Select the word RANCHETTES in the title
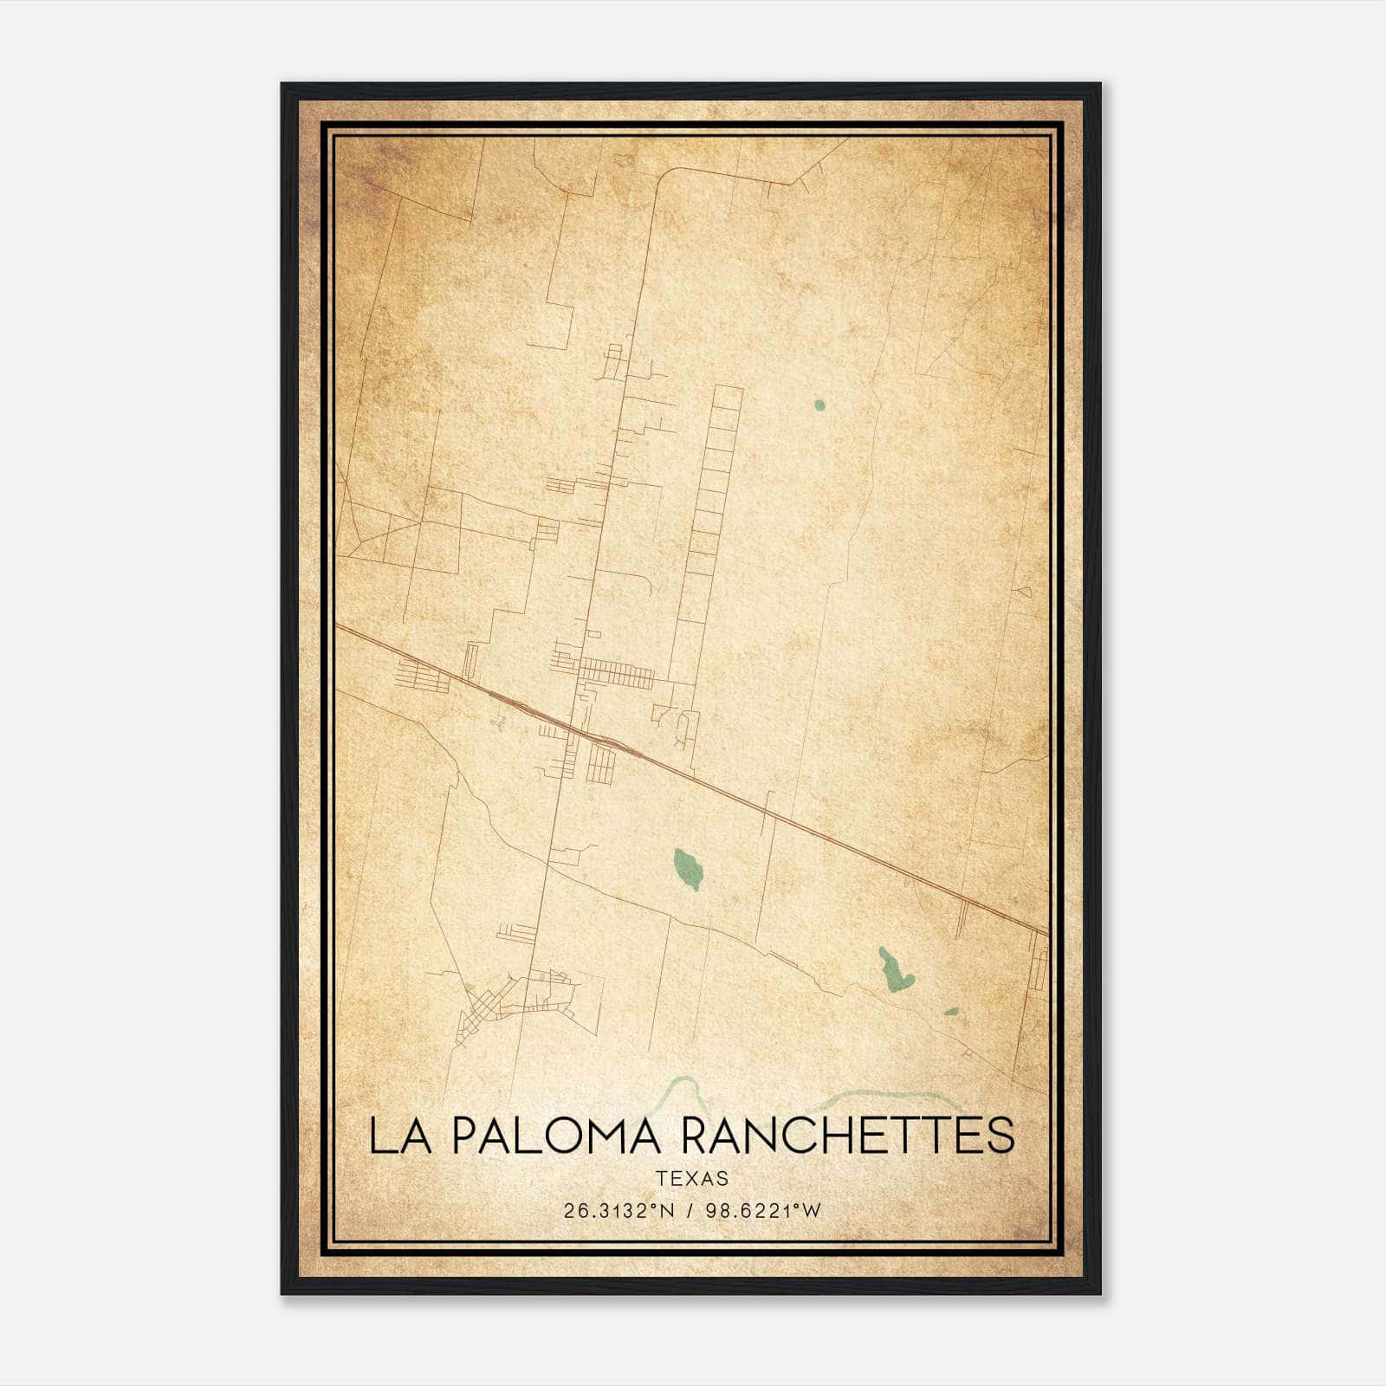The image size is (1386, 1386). [x=848, y=1136]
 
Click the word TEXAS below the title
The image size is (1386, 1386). [x=692, y=1178]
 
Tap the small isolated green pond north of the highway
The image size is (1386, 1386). [x=819, y=404]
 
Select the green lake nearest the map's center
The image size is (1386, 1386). [x=688, y=868]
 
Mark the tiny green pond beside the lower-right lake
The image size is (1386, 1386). [x=951, y=1011]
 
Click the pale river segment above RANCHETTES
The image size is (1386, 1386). [x=892, y=1096]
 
